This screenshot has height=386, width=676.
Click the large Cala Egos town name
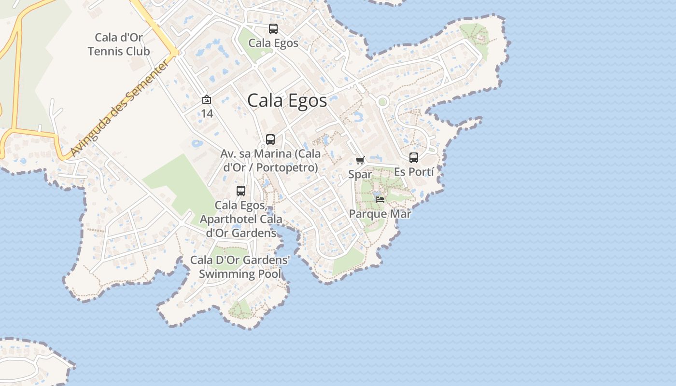[x=287, y=100]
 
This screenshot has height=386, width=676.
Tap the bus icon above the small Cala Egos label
[x=273, y=29]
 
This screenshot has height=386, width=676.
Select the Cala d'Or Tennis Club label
[x=119, y=44]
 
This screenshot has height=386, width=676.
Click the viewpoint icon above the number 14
[x=207, y=100]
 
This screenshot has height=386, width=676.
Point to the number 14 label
[x=207, y=114]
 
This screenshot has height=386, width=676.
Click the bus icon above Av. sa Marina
[x=270, y=139]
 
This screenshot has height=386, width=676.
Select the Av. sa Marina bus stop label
[x=270, y=161]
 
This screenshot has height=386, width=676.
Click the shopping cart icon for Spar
[x=360, y=160]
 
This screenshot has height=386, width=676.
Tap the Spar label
[x=360, y=174]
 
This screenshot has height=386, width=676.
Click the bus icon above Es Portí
[x=414, y=158]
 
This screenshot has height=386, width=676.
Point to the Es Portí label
[x=414, y=172]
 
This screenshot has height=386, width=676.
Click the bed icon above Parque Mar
[x=380, y=199]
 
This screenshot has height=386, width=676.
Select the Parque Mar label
[x=380, y=214]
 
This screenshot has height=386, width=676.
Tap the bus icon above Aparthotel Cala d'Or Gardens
[x=241, y=191]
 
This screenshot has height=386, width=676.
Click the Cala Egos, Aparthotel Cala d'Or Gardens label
[x=241, y=219]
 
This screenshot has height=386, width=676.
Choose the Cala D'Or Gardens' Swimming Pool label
[x=240, y=267]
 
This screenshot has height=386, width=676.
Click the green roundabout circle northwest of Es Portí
[x=383, y=102]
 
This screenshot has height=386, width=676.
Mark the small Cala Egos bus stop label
[x=273, y=43]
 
